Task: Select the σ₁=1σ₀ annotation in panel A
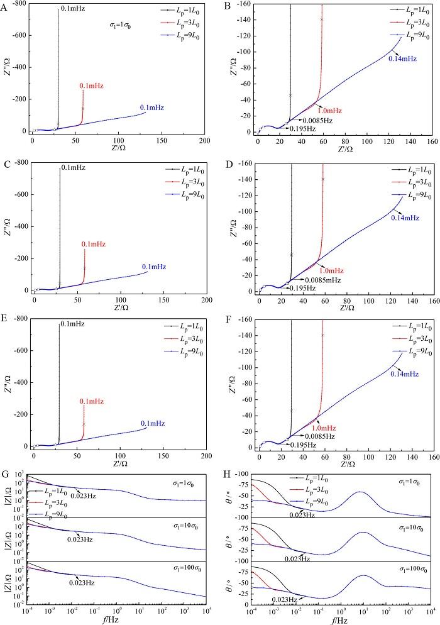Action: click(x=120, y=26)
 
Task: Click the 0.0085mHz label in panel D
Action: click(x=322, y=279)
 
